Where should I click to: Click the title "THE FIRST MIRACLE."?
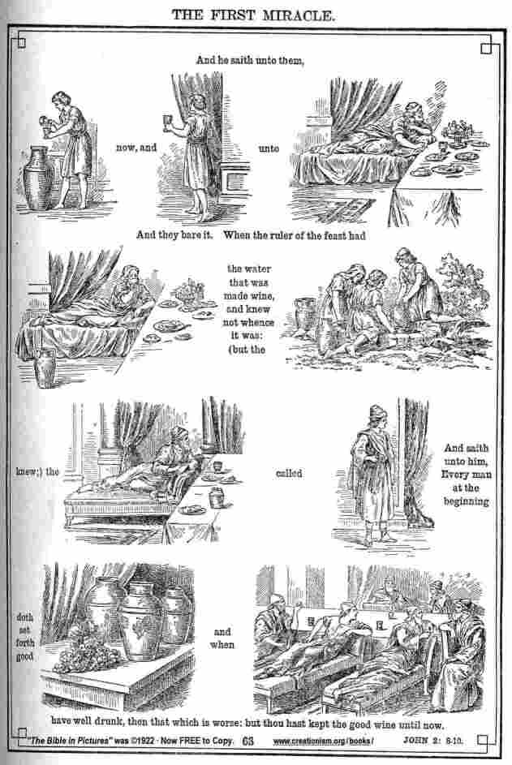253,15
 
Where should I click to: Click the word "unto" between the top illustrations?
269,148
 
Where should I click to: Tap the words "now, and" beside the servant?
136,148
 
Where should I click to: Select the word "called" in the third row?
289,473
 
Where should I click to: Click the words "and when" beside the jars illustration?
222,638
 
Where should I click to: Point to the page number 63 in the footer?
248,741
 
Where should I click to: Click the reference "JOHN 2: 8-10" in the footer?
433,741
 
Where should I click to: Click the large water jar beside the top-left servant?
37,178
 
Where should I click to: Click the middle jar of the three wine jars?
141,620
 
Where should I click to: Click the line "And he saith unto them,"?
250,61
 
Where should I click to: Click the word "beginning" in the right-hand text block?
466,501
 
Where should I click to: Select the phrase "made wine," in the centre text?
249,295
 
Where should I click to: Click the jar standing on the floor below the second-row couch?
45,368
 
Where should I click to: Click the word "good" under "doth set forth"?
24,656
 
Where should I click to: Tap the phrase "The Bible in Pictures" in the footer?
69,741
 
